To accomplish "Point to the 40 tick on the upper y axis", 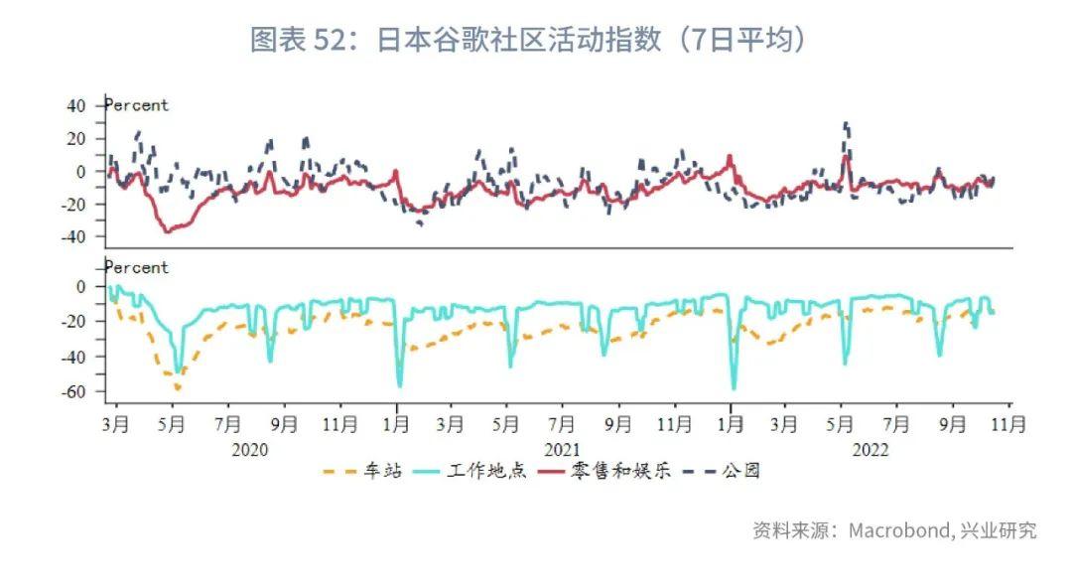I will pyautogui.click(x=76, y=104).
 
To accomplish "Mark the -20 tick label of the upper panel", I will pyautogui.click(x=74, y=204).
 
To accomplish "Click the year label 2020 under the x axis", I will pyautogui.click(x=250, y=449).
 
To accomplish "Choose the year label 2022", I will pyautogui.click(x=871, y=449).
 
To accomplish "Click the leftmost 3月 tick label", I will pyautogui.click(x=116, y=424).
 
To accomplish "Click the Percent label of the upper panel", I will pyautogui.click(x=137, y=105).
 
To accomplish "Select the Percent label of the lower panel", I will pyautogui.click(x=137, y=267).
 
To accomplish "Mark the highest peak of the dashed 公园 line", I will pyautogui.click(x=846, y=123).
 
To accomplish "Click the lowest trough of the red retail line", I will pyautogui.click(x=167, y=231).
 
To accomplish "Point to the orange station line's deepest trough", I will pyautogui.click(x=177, y=388).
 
